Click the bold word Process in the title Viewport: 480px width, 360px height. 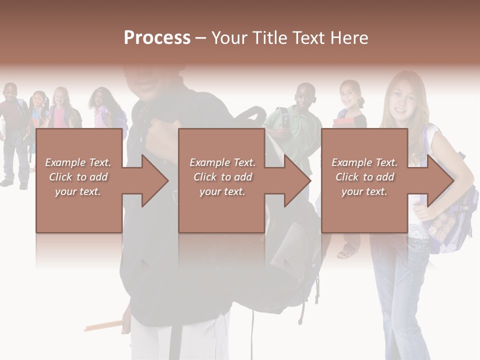(157, 38)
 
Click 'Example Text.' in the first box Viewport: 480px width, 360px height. (78, 162)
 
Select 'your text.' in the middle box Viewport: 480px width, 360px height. (222, 191)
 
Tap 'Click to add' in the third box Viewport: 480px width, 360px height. (364, 177)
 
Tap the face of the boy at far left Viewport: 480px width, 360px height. (10, 93)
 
